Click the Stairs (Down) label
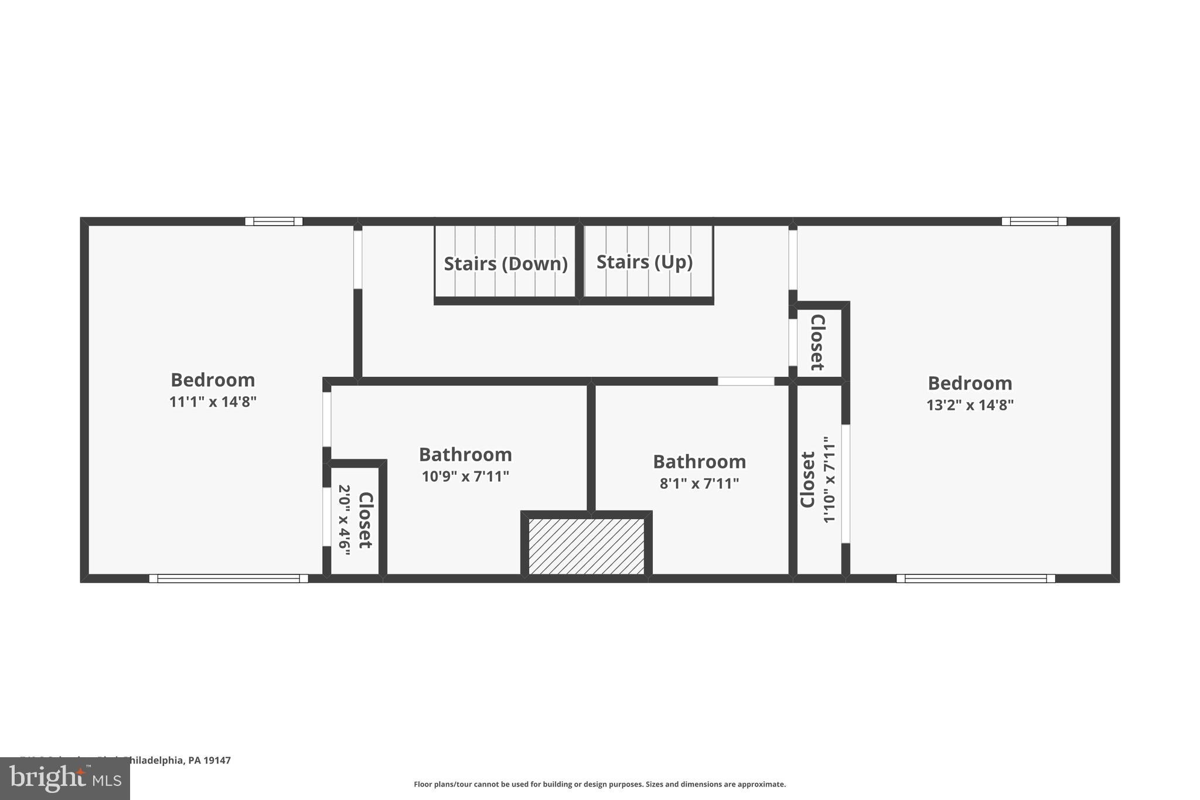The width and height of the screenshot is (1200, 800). point(506,264)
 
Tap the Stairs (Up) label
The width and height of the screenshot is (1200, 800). point(645,262)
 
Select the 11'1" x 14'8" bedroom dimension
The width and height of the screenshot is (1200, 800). point(213,402)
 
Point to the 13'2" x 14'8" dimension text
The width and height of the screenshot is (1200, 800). point(970,405)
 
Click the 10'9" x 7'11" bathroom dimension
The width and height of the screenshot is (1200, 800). point(465,476)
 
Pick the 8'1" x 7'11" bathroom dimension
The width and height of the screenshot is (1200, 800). point(699,484)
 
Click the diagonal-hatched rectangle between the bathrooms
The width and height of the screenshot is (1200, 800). point(587,546)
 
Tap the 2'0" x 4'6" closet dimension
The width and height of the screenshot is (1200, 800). point(345,519)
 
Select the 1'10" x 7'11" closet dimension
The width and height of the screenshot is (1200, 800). point(829,479)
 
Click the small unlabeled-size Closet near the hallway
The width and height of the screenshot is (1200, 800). point(817,342)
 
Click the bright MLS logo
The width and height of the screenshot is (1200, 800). point(65,778)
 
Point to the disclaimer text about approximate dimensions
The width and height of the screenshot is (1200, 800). point(599,784)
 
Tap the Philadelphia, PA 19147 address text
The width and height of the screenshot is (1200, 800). point(176,760)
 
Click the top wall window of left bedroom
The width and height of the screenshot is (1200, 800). point(274,222)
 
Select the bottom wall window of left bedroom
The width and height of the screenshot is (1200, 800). point(229,578)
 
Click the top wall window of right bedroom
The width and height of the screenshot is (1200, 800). point(1034,222)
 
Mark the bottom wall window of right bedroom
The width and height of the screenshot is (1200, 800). point(976,578)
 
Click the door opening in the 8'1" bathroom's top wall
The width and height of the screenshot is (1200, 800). point(746,381)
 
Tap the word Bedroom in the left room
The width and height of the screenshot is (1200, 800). point(213,380)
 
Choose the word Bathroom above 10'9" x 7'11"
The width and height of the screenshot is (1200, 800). point(465,455)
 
